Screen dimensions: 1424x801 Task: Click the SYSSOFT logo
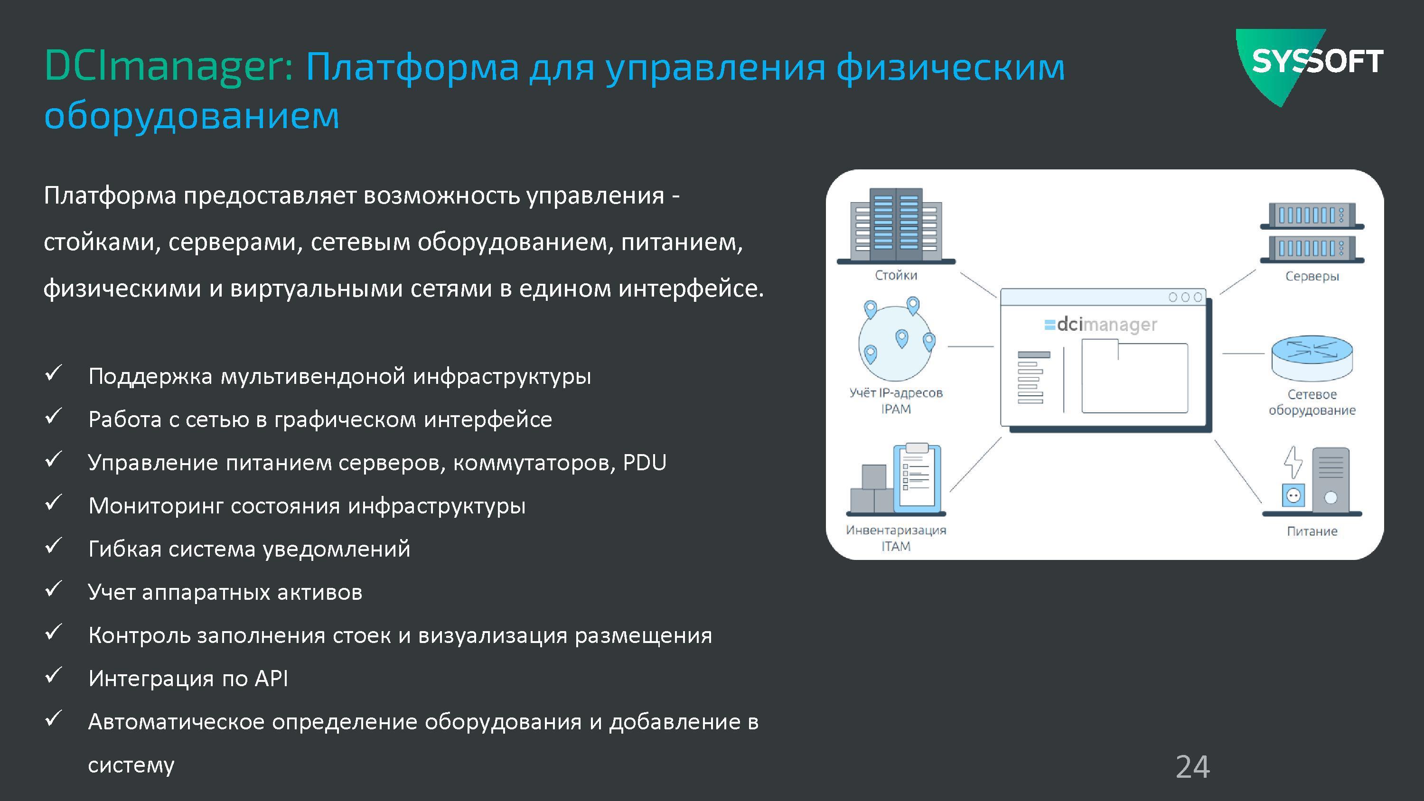tap(1309, 65)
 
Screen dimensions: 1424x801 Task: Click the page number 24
tap(1192, 767)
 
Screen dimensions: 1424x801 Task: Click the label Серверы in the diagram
tap(1312, 276)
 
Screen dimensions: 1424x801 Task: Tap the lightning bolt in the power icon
tap(1293, 462)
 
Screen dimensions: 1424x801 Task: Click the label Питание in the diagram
tap(1312, 531)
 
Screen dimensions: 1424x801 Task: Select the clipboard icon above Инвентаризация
tap(917, 476)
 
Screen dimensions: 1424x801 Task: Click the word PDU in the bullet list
tap(645, 462)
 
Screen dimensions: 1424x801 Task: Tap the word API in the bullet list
tap(272, 678)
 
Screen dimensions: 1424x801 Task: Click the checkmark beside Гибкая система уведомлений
tap(53, 546)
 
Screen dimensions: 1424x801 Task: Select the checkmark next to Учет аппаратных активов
tap(53, 589)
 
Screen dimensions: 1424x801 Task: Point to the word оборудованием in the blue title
tap(191, 115)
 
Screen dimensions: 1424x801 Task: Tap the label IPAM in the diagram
tap(896, 409)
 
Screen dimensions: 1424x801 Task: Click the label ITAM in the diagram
tap(896, 546)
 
